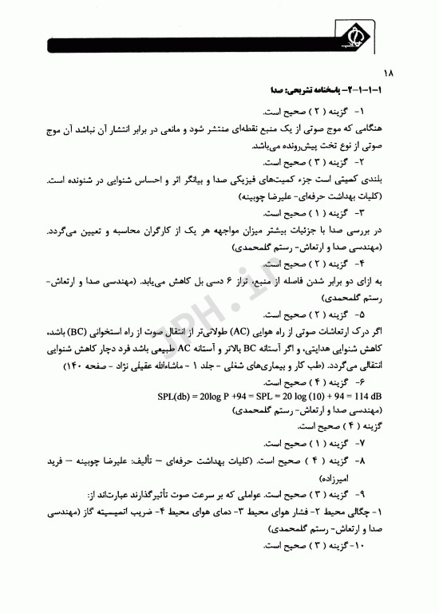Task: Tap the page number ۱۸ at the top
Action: (x=386, y=73)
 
